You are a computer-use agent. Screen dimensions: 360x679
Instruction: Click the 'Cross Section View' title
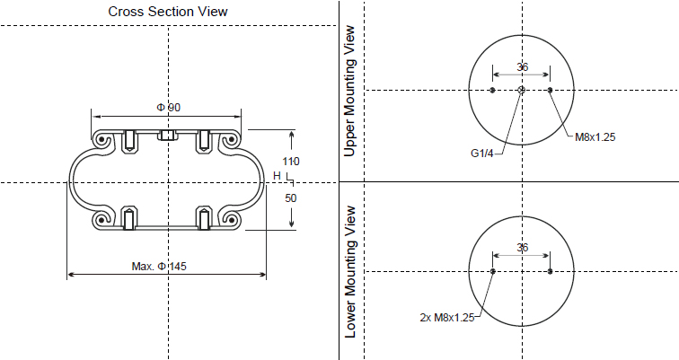[x=168, y=12]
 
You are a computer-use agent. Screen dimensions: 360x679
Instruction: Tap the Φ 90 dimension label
[x=168, y=108]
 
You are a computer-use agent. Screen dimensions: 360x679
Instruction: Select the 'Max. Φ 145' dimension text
[x=165, y=266]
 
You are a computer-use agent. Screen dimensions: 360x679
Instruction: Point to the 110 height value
[x=291, y=161]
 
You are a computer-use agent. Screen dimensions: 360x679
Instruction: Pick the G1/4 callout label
[x=483, y=153]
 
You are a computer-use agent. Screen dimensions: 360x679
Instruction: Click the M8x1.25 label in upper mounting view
[x=595, y=137]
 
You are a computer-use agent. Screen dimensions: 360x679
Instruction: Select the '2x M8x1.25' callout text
[x=446, y=317]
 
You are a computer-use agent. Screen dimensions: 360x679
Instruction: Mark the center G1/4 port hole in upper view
[x=522, y=90]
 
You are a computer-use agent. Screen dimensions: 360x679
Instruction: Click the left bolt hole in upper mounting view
[x=493, y=90]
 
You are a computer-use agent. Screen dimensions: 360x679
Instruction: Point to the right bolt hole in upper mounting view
[x=550, y=90]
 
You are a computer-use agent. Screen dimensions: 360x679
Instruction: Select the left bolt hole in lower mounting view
[x=493, y=271]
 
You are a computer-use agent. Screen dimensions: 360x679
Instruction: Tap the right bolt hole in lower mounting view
[x=550, y=271]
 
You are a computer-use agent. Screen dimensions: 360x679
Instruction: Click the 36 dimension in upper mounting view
[x=522, y=67]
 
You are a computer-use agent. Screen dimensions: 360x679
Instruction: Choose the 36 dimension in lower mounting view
[x=522, y=248]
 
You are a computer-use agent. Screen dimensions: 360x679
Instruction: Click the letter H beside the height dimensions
[x=277, y=175]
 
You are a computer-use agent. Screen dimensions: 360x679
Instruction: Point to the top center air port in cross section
[x=168, y=136]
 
